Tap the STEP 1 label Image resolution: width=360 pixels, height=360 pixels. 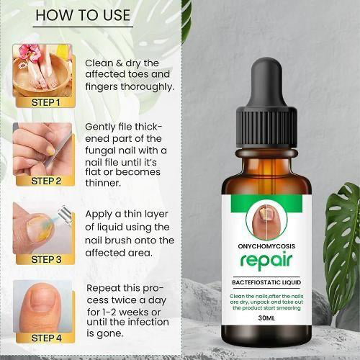[45, 102]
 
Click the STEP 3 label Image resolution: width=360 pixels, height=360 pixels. [45, 258]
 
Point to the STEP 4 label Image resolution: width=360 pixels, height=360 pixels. [45, 336]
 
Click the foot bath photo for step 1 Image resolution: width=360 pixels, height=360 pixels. [43, 72]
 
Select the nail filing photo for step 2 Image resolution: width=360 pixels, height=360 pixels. [43, 150]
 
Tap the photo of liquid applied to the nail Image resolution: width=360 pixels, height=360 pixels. [43, 227]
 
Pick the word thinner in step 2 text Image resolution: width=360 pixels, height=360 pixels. [106, 182]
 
